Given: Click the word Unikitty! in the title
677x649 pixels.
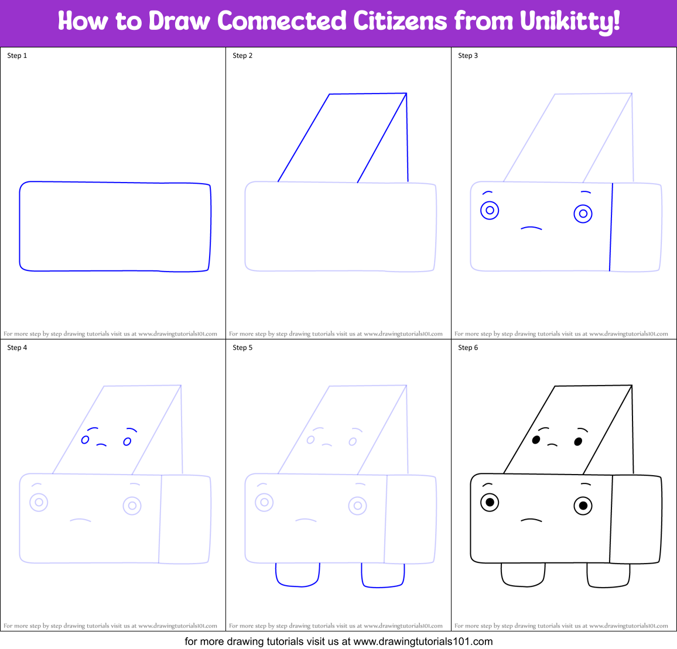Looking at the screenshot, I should (569, 22).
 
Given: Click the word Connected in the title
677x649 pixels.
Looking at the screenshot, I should (282, 22).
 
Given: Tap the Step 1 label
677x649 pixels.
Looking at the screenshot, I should (17, 56).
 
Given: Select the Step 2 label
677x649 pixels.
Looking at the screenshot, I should (242, 56).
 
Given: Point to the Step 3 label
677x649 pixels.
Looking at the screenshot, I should (468, 56).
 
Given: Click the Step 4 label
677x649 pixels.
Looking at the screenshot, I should (17, 348).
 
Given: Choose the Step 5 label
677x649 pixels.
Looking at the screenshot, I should (242, 348).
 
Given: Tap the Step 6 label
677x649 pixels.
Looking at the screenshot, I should (468, 348).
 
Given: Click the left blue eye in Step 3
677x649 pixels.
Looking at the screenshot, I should (490, 210).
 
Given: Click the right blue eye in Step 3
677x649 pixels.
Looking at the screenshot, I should (583, 214).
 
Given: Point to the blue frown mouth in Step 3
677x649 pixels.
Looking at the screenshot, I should (532, 228).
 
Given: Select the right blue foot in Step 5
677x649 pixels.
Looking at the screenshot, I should (383, 575).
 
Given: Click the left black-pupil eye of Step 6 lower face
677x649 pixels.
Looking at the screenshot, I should (490, 502).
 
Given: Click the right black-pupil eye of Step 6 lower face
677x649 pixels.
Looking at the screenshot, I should (583, 506).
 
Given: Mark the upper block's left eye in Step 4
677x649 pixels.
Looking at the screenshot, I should (85, 439).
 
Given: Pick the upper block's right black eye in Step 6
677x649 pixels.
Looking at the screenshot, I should (578, 442).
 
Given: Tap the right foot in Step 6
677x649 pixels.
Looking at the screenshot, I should (608, 575).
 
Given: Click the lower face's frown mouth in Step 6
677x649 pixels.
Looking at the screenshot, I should (532, 519).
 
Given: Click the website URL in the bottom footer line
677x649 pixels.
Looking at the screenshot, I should (423, 641).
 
